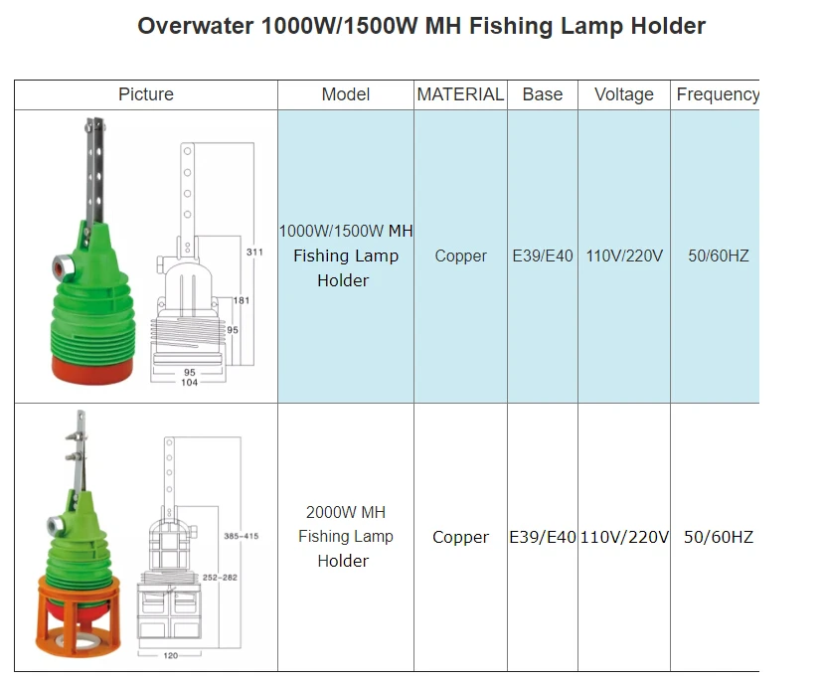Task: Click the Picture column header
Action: coord(146,94)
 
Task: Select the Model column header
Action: coord(346,94)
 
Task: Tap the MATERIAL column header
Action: coord(460,94)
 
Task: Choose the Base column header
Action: coord(543,94)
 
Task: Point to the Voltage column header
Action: coord(624,94)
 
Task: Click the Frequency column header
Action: coord(717,94)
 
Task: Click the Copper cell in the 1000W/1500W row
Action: coord(460,256)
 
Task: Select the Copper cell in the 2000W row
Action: coord(460,537)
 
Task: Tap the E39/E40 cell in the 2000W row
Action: coord(543,537)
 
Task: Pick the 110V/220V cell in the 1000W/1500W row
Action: coord(624,256)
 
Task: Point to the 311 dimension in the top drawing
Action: coord(255,253)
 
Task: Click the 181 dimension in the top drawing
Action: coord(242,300)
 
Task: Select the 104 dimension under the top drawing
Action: coord(189,383)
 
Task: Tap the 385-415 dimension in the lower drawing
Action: coord(243,536)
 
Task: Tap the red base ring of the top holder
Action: coord(91,368)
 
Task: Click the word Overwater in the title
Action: coord(195,26)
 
